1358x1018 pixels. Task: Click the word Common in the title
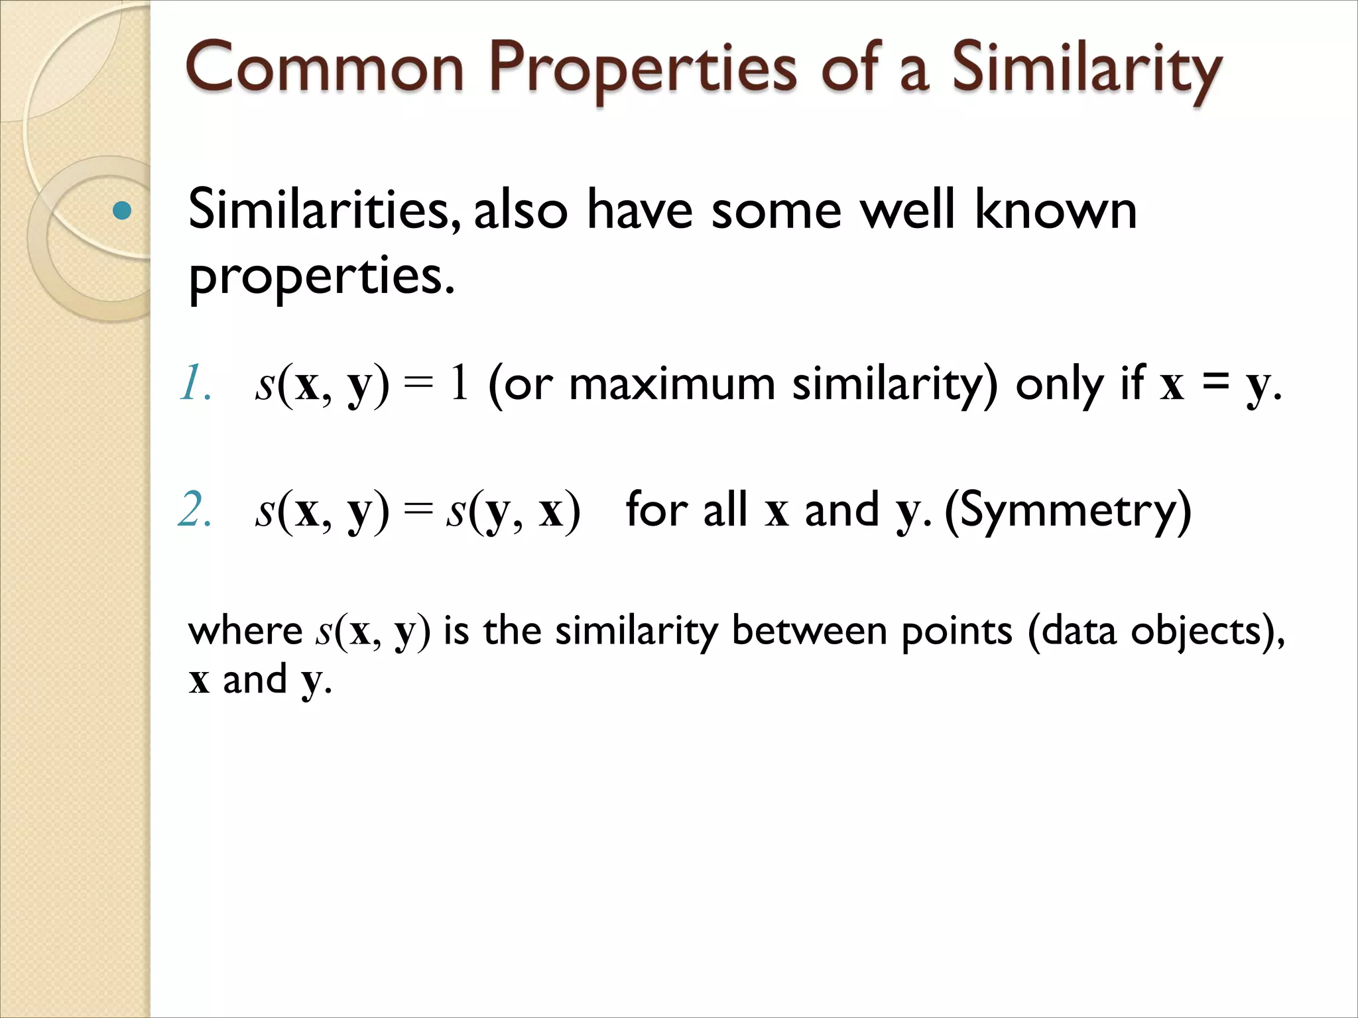[x=325, y=68]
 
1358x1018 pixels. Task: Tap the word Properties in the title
[x=643, y=70]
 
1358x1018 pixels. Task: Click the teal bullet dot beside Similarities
[x=122, y=211]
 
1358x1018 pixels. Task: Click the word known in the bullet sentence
[x=1056, y=210]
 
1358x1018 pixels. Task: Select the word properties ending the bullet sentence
[x=322, y=277]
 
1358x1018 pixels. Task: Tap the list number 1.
[x=195, y=384]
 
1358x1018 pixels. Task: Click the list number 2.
[x=195, y=510]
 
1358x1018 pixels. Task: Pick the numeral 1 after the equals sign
[x=459, y=384]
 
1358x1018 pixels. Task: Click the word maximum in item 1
[x=672, y=384]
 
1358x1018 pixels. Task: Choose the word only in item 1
[x=1059, y=385]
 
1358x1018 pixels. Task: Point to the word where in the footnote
[x=245, y=631]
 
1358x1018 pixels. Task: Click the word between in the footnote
[x=809, y=631]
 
